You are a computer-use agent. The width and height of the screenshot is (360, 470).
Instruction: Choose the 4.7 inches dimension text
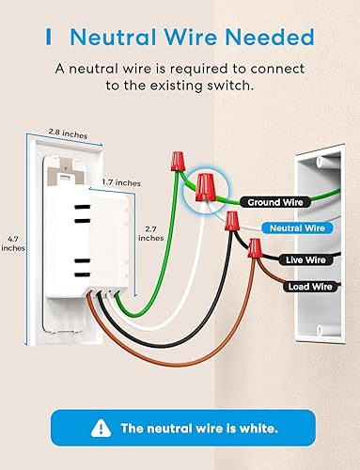[x=14, y=242]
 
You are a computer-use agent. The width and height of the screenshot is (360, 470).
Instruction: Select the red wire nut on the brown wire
[x=254, y=250]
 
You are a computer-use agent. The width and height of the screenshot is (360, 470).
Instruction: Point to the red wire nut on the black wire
[x=230, y=223]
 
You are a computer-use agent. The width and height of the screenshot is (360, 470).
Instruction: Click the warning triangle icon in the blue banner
[x=99, y=428]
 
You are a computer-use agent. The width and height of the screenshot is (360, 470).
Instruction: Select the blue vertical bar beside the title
[x=48, y=38]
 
